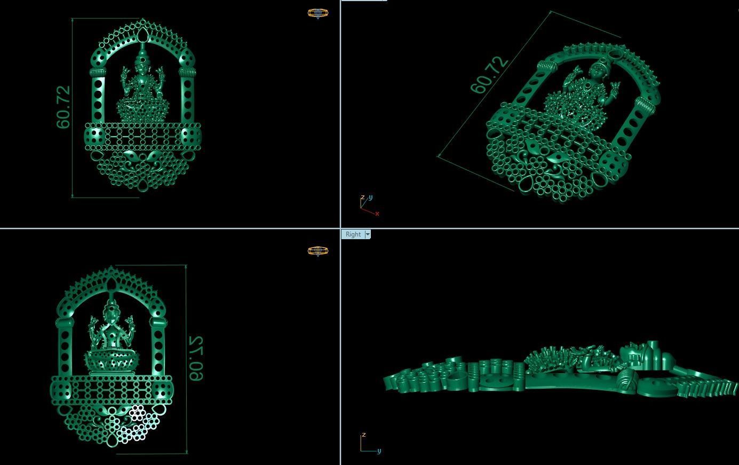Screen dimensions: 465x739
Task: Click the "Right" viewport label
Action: [353, 234]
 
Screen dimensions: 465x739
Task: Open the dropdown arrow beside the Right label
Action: [368, 234]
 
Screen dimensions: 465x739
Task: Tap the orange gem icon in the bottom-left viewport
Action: [318, 251]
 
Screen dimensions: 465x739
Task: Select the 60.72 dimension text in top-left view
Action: [63, 107]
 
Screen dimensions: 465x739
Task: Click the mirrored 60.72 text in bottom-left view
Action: [196, 358]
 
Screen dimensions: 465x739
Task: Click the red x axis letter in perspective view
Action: [377, 214]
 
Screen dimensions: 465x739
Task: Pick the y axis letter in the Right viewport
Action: [379, 451]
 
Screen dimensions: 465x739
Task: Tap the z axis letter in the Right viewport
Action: [363, 435]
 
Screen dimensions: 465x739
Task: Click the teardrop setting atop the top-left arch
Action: [142, 36]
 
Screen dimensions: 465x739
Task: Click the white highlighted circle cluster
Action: [133, 422]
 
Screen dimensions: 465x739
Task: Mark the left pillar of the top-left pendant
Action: [98, 99]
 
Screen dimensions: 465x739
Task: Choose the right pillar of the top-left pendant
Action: [187, 99]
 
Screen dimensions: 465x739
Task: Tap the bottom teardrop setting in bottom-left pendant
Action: [113, 441]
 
